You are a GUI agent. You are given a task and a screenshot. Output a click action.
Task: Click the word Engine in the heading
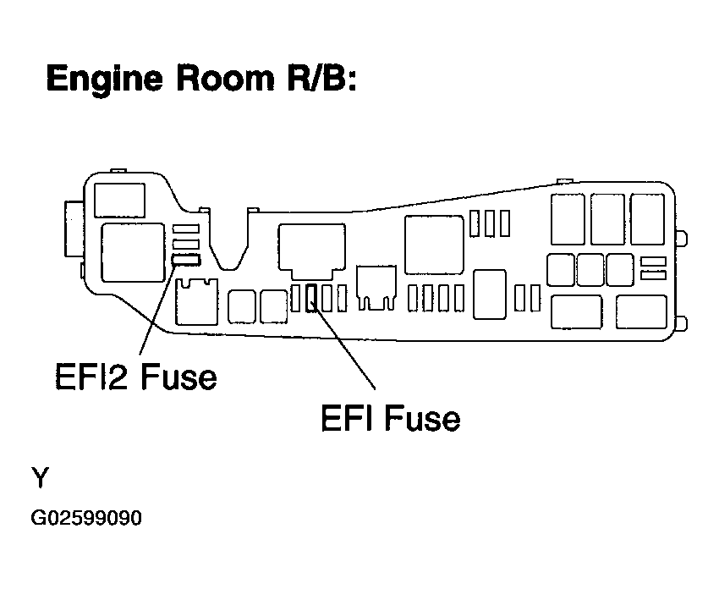(105, 80)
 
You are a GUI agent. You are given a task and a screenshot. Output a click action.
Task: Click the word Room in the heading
(225, 78)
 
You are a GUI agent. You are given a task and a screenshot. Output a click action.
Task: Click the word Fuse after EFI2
(178, 377)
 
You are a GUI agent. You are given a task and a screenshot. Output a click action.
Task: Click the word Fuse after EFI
(422, 417)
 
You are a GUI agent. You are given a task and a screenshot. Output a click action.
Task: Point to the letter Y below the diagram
(40, 477)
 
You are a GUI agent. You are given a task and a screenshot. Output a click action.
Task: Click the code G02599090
(86, 518)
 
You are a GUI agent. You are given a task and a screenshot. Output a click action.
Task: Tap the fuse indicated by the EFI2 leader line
(186, 260)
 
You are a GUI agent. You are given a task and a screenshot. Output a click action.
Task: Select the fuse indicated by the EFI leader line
(311, 298)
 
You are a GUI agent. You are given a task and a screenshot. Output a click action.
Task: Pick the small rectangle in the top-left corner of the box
(119, 200)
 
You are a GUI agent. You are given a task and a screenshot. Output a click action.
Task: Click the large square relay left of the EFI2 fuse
(133, 252)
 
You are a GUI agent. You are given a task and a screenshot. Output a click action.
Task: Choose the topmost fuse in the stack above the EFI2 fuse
(186, 228)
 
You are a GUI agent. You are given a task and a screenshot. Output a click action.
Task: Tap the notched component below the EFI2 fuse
(197, 302)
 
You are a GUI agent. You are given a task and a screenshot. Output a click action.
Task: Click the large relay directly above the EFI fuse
(312, 251)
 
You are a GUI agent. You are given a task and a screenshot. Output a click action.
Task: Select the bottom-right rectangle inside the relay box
(641, 312)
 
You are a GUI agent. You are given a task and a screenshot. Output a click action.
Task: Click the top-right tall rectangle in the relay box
(647, 219)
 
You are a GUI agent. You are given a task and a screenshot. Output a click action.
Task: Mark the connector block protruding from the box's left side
(74, 228)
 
